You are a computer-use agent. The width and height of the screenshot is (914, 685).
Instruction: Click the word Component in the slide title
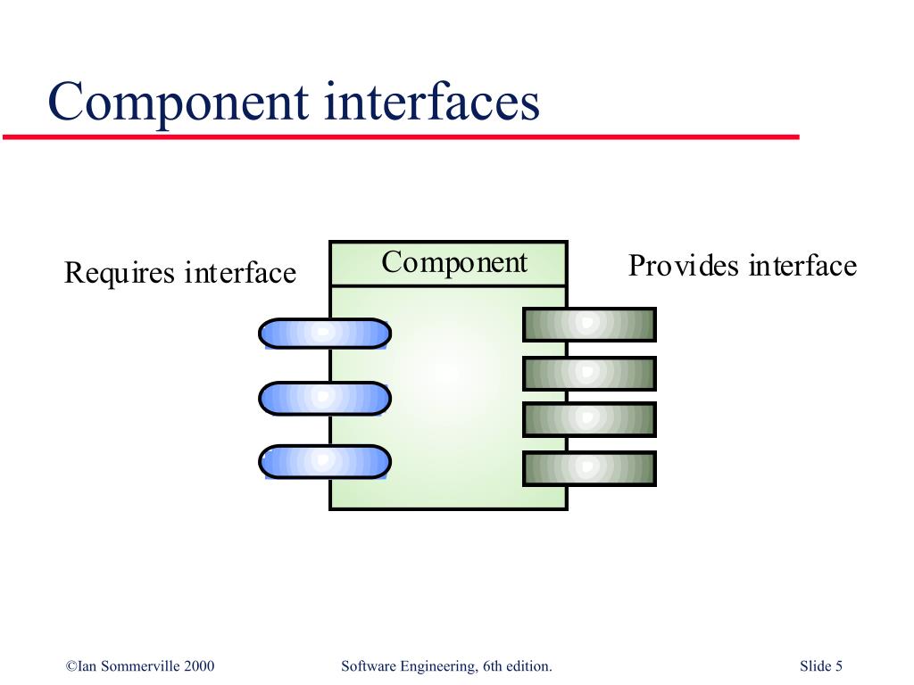[x=179, y=103]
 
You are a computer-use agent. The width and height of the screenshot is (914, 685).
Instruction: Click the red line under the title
[x=401, y=136]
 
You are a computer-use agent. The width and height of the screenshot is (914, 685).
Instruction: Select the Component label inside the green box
[x=454, y=263]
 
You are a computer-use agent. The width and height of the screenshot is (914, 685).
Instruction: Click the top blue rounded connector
[x=325, y=334]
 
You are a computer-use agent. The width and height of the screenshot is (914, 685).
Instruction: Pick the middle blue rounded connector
[x=325, y=399]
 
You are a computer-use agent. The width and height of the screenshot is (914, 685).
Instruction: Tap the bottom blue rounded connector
[x=325, y=461]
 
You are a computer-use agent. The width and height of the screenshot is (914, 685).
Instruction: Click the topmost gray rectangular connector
[x=589, y=325]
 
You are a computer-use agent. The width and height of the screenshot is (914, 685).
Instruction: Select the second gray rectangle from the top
[x=589, y=374]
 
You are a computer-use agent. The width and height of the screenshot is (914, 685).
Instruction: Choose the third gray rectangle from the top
[x=589, y=419]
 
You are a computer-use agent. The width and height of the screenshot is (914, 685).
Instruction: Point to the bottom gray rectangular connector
[x=589, y=468]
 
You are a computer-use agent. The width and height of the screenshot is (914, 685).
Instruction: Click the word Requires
[x=120, y=274]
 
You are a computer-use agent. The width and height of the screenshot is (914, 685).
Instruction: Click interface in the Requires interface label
[x=240, y=272]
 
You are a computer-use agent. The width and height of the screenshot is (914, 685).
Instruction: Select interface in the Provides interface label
[x=802, y=266]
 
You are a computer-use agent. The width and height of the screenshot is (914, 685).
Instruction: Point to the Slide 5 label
[x=821, y=665]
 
